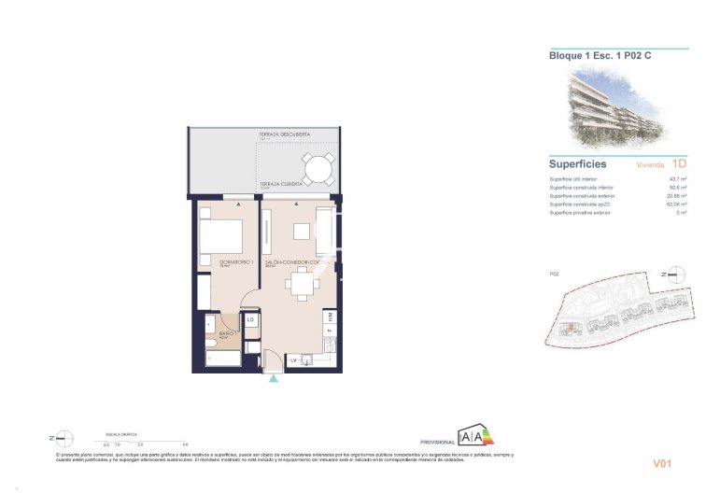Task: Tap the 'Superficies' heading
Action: pyautogui.click(x=577, y=164)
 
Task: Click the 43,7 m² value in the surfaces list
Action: pyautogui.click(x=677, y=178)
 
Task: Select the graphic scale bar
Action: pyautogui.click(x=146, y=442)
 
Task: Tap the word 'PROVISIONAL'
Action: pyautogui.click(x=437, y=441)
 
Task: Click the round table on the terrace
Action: pyautogui.click(x=319, y=169)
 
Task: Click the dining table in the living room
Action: pyautogui.click(x=303, y=284)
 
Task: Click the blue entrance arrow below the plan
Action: pyautogui.click(x=273, y=379)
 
